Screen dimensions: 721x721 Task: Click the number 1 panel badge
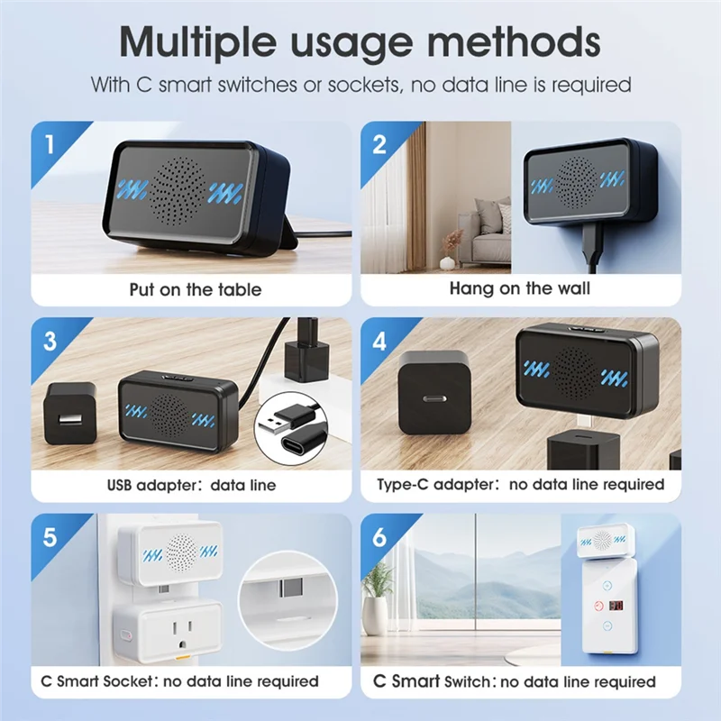click(x=49, y=144)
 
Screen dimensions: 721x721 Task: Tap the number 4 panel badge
click(x=379, y=341)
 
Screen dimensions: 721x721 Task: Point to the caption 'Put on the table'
click(x=196, y=289)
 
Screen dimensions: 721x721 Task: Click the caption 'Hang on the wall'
click(x=520, y=288)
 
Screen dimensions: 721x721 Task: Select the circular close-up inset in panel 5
click(x=287, y=599)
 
